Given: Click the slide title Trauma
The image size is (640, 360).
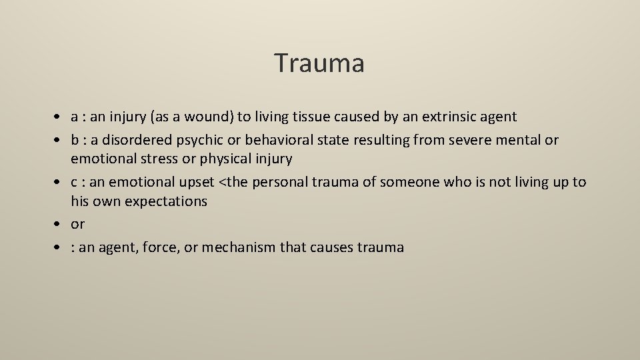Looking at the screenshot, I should tap(319, 63).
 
